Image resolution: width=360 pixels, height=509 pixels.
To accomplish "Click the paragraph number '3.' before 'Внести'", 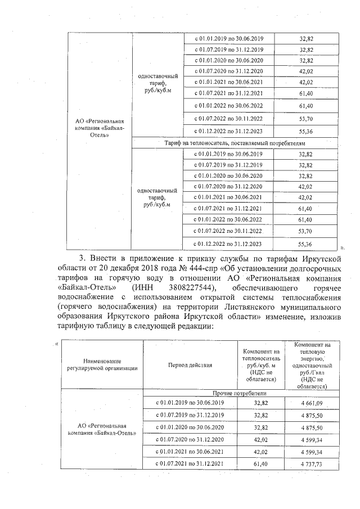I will (85, 258).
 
